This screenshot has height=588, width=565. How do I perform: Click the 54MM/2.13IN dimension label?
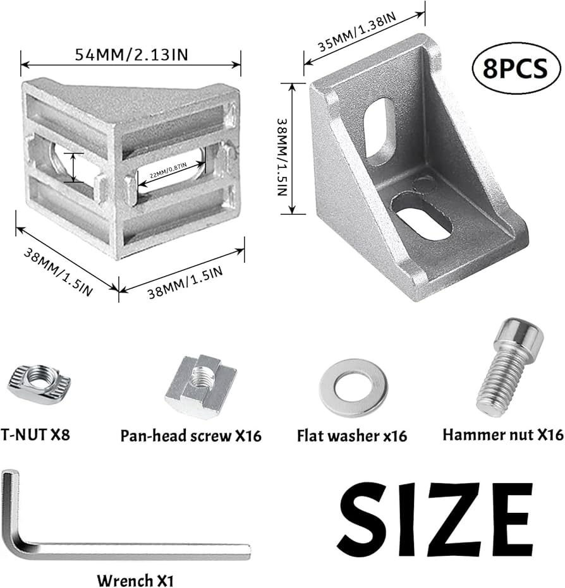pyautogui.click(x=131, y=54)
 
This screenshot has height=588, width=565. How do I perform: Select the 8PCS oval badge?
pyautogui.click(x=515, y=68)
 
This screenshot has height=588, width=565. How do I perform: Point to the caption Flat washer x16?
pyautogui.click(x=351, y=436)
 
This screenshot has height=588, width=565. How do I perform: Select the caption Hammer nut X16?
pyautogui.click(x=502, y=435)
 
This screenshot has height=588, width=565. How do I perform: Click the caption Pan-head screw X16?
pyautogui.click(x=190, y=436)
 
